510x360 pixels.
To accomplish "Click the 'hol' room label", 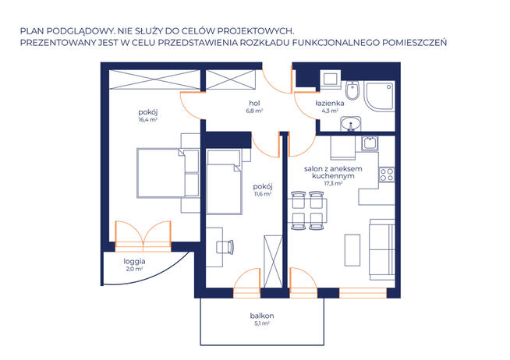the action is click(x=254, y=104).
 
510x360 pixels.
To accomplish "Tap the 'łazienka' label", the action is click(x=330, y=104).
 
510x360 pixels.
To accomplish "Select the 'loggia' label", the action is click(x=134, y=262).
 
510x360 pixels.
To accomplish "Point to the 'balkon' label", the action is click(x=262, y=316).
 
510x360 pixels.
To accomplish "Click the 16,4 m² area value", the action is click(x=148, y=119).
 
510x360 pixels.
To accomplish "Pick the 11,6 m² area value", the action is click(x=263, y=194).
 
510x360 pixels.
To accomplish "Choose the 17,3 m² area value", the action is click(x=333, y=183).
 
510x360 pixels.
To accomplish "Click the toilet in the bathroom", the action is click(x=352, y=90).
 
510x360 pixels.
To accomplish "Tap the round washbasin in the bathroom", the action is click(x=351, y=124).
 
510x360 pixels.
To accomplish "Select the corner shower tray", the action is click(x=379, y=97).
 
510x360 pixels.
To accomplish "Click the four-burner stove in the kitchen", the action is click(x=387, y=175).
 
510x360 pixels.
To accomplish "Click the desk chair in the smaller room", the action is click(x=225, y=247).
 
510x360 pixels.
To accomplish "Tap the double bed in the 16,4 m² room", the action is click(x=168, y=173).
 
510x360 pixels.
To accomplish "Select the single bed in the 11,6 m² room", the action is click(x=224, y=182).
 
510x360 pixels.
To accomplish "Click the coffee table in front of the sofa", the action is click(x=352, y=250).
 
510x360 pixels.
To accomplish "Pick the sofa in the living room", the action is click(x=382, y=249).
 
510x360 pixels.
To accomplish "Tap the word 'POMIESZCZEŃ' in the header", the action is click(x=414, y=43).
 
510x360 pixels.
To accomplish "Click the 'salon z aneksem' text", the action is click(x=333, y=169).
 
